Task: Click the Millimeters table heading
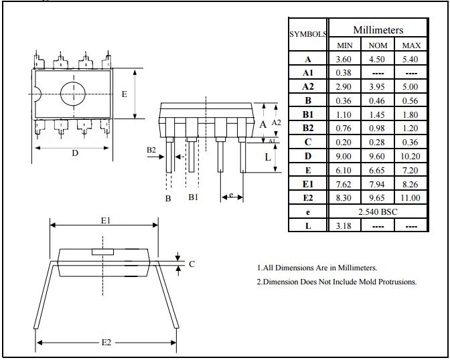tap(378, 30)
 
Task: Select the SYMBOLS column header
tap(308, 33)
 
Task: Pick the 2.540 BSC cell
tap(377, 211)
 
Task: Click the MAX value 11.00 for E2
tap(410, 197)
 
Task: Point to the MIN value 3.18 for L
tap(344, 226)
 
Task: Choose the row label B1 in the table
tap(308, 114)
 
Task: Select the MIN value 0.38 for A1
tap(344, 73)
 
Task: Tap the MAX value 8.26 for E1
tap(410, 184)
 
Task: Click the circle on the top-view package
tap(74, 94)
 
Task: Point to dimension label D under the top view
tap(75, 153)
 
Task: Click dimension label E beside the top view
tap(124, 94)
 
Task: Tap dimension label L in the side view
tap(267, 157)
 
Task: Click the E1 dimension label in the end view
tap(104, 220)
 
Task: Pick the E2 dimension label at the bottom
tap(106, 343)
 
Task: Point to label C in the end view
tap(192, 264)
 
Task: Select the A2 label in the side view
tap(277, 123)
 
